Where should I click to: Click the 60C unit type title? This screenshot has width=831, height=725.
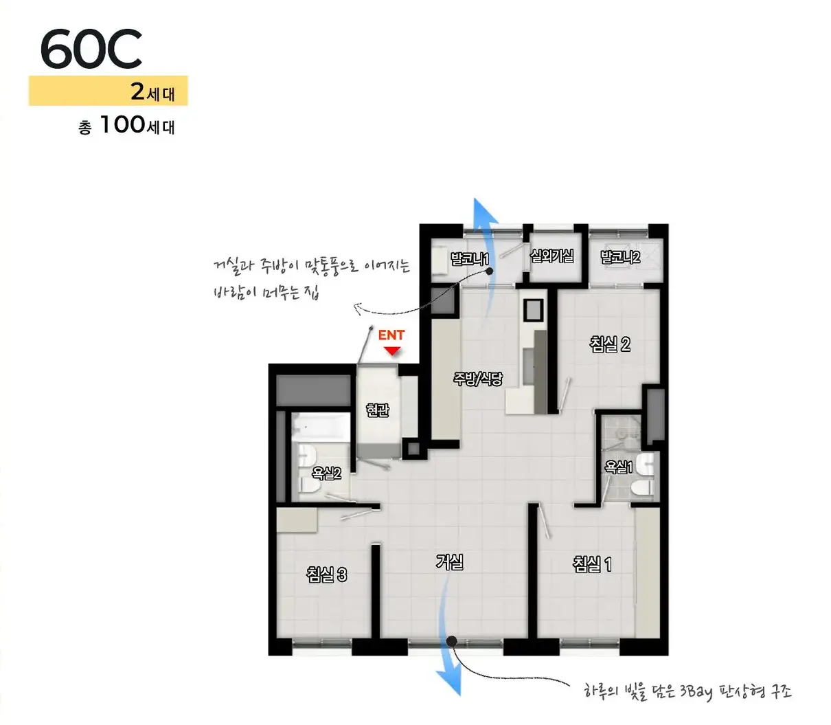[x=91, y=48]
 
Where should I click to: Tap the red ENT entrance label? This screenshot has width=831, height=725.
[x=391, y=335]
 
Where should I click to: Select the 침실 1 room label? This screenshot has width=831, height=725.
[x=592, y=564]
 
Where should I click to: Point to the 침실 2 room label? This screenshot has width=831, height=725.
[x=610, y=344]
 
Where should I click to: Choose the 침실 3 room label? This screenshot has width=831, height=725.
[x=326, y=575]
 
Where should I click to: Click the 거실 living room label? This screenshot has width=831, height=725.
[x=449, y=562]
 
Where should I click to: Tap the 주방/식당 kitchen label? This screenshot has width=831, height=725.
[x=478, y=379]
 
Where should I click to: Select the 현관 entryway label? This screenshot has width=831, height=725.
[x=377, y=410]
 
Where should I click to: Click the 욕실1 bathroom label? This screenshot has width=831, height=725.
[x=619, y=467]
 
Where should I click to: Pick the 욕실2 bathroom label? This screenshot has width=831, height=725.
[x=326, y=473]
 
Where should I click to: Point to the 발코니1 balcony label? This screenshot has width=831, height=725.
[x=470, y=258]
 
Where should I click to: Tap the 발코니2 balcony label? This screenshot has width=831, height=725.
[x=620, y=256]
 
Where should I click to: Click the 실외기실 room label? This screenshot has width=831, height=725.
[x=551, y=256]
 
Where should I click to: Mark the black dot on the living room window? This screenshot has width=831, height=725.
[x=452, y=642]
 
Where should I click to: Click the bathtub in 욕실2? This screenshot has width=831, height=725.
[x=321, y=427]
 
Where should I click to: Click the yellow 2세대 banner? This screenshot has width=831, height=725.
[x=108, y=91]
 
